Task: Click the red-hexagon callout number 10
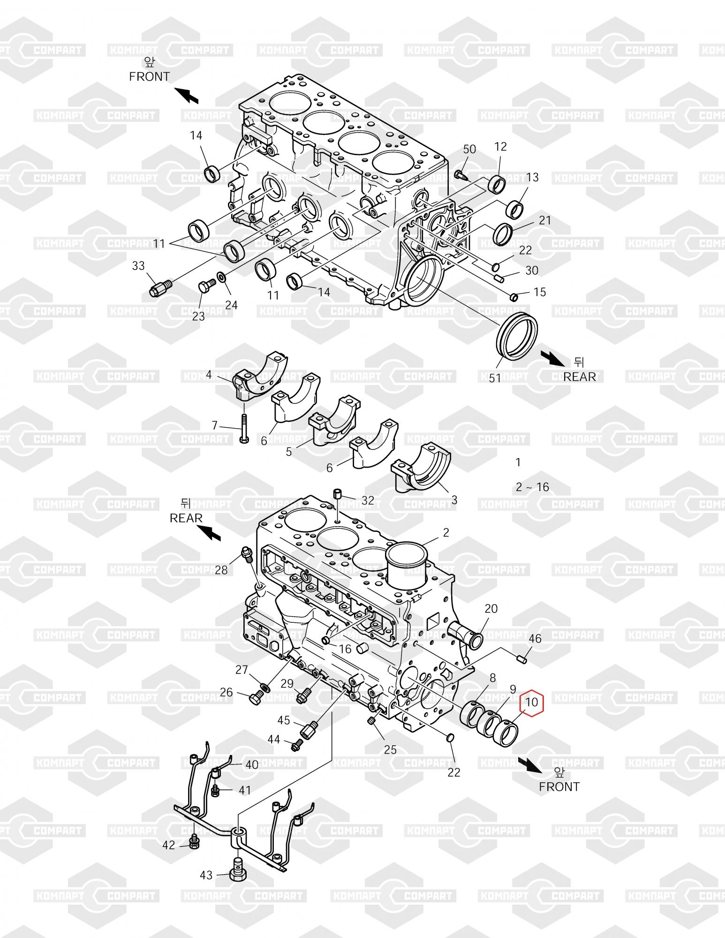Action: click(532, 702)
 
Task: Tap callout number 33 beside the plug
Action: click(138, 266)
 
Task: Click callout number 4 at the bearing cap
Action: click(209, 374)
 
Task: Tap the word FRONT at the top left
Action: click(150, 76)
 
